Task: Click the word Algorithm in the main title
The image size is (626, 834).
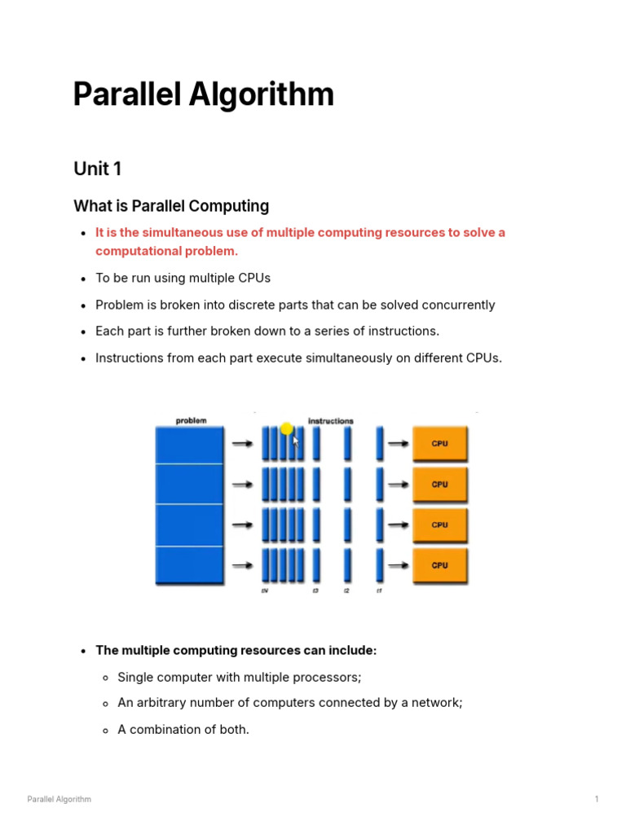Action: click(262, 95)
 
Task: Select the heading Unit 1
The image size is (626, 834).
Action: click(97, 169)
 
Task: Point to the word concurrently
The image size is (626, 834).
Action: click(454, 305)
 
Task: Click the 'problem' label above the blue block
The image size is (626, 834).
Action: click(191, 420)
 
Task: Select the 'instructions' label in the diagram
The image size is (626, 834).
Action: click(331, 421)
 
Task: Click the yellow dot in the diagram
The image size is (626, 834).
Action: click(286, 428)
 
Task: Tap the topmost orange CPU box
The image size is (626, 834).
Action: click(440, 444)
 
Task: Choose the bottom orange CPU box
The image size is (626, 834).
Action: click(440, 565)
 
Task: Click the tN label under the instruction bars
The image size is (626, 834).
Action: click(265, 590)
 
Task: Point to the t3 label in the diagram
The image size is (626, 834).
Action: click(315, 590)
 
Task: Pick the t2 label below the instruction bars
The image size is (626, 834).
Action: click(346, 590)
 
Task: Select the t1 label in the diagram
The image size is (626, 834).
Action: click(379, 590)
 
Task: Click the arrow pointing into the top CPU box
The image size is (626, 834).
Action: click(398, 444)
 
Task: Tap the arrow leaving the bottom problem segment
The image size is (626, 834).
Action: click(242, 565)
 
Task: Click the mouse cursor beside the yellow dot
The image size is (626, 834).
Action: click(296, 441)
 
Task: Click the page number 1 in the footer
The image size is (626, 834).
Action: click(597, 799)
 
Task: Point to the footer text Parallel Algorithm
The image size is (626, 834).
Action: click(60, 799)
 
